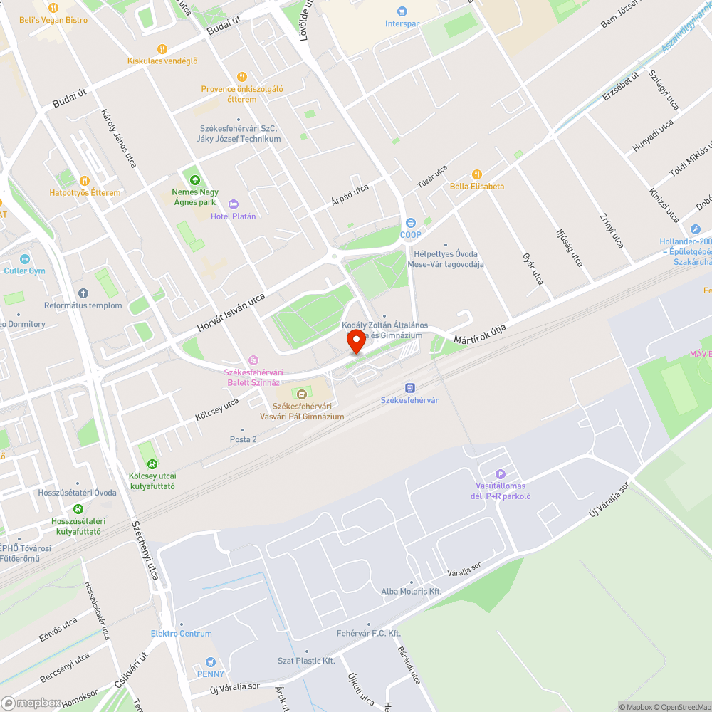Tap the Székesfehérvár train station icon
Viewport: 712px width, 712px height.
[409, 387]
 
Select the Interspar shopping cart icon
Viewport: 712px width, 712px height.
[403, 11]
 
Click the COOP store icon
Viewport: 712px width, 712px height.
[410, 223]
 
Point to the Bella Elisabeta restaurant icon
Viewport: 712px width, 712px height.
[477, 174]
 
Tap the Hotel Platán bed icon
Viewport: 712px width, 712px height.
[233, 204]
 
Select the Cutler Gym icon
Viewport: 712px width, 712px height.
[25, 259]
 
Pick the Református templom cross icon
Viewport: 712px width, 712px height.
[83, 293]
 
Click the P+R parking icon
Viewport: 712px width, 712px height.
[500, 474]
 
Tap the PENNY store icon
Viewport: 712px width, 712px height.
[210, 662]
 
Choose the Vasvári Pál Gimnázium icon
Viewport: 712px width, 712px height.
[302, 394]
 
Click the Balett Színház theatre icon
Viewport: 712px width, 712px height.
[253, 360]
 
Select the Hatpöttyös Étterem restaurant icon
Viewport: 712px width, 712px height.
[85, 181]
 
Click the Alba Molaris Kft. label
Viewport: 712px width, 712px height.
[412, 592]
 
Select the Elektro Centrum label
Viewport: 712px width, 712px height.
[181, 634]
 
